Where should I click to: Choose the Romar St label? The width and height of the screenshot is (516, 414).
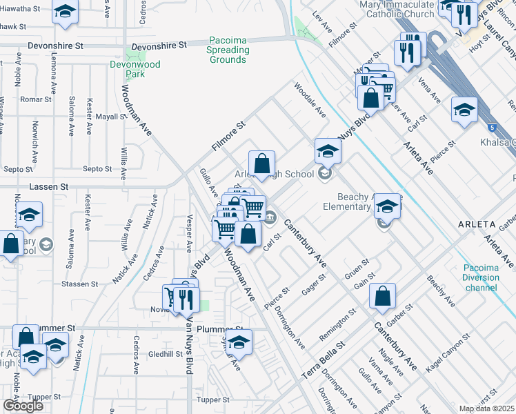pos(36,99)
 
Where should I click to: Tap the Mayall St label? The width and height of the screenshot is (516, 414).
pos(111,117)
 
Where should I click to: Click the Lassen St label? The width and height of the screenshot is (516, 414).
pos(49,186)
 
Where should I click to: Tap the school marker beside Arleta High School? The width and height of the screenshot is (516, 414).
pos(328,150)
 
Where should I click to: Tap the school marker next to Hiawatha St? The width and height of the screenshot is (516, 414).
pos(66,12)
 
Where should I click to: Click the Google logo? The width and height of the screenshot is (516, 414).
pos(23,405)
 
